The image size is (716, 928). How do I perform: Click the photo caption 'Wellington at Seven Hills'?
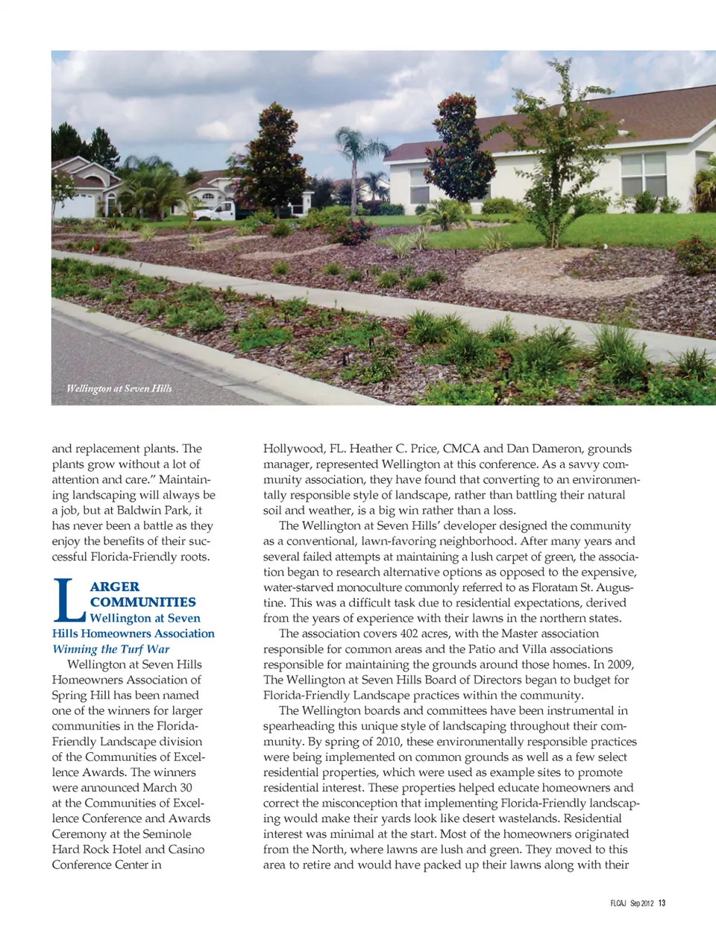(x=119, y=388)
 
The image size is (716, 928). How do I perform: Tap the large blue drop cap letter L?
(x=68, y=601)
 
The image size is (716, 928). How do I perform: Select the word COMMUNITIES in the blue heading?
(x=143, y=602)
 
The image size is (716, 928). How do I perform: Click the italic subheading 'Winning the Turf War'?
(x=110, y=649)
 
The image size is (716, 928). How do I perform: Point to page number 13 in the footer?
(x=662, y=903)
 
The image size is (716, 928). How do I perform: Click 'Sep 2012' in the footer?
(x=641, y=903)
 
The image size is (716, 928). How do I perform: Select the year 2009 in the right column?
(x=621, y=664)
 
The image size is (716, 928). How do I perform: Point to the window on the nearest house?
(x=643, y=174)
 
